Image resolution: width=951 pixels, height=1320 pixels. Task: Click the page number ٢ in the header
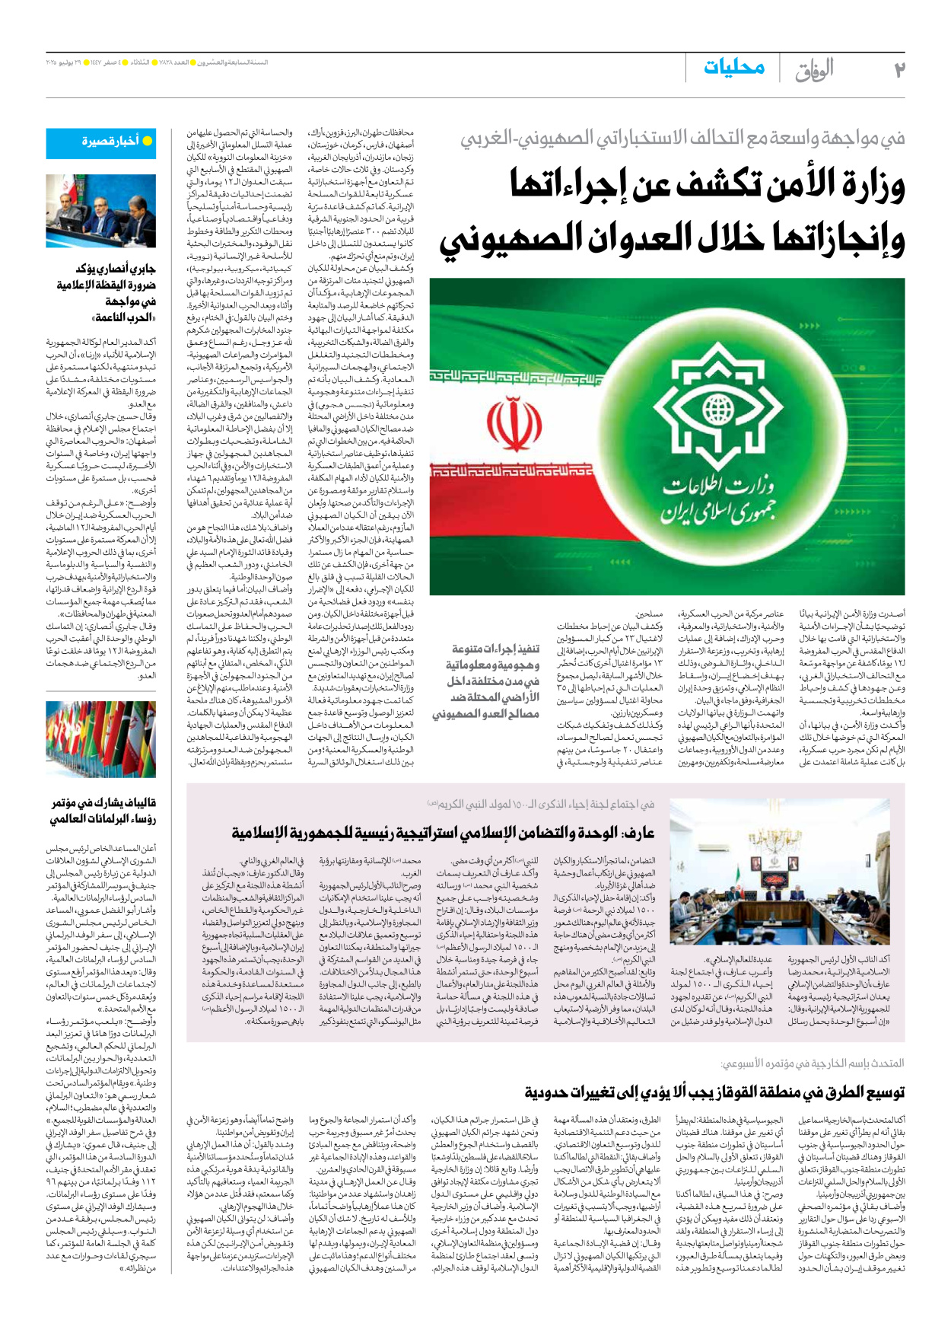pos(899,69)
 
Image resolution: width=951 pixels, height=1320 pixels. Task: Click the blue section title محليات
pos(733,68)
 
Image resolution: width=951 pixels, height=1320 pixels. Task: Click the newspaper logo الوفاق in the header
pos(814,70)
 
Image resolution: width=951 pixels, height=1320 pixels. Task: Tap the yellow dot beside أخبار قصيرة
pos(148,141)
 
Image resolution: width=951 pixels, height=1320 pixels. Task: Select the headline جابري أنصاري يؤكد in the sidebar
pos(114,269)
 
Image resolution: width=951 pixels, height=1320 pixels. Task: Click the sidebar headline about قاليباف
pos(103,811)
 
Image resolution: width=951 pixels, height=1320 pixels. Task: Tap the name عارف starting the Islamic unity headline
pos(638,833)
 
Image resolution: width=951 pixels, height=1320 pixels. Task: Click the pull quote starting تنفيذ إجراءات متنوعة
pos(487,681)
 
